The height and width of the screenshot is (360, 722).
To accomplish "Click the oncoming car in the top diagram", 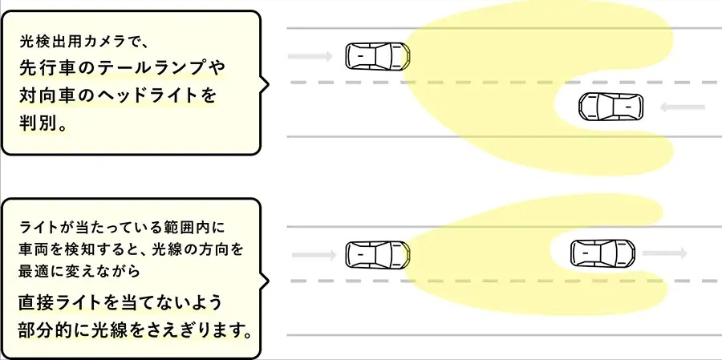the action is [x=610, y=107].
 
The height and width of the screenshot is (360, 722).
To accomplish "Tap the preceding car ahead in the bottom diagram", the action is [x=602, y=253].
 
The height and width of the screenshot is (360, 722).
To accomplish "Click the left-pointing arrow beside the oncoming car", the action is [x=683, y=107].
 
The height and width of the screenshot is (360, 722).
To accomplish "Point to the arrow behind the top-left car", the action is [x=310, y=57].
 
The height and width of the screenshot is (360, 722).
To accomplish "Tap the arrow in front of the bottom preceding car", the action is [x=664, y=253].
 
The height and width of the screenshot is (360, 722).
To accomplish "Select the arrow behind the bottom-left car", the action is [x=314, y=255].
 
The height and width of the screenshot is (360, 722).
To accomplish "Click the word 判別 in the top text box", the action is [x=39, y=123].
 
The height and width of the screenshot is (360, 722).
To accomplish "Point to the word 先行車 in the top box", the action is [x=49, y=69].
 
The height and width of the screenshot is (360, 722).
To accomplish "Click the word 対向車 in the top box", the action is [x=49, y=96].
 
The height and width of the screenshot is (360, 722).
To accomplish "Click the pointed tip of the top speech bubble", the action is [x=269, y=83].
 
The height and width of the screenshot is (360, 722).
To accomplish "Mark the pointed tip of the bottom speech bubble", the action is [x=269, y=281].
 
